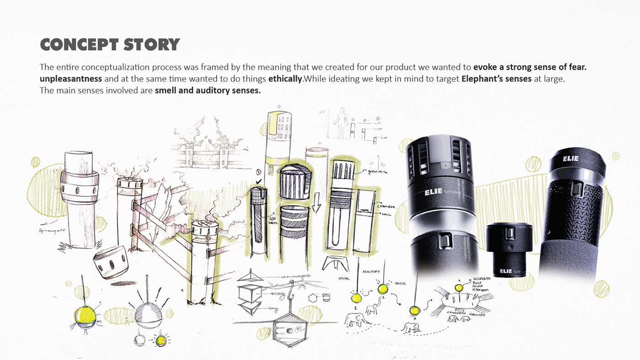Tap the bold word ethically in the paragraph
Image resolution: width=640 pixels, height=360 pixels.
click(x=285, y=79)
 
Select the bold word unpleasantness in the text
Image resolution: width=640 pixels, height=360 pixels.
click(x=71, y=79)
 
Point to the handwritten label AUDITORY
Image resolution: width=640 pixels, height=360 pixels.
click(x=371, y=271)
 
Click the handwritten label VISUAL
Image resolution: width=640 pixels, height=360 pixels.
click(x=344, y=277)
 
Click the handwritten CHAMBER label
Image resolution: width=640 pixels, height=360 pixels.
click(x=386, y=206)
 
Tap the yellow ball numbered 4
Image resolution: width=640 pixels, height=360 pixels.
click(x=459, y=287)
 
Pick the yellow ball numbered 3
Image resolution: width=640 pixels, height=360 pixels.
click(x=415, y=311)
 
